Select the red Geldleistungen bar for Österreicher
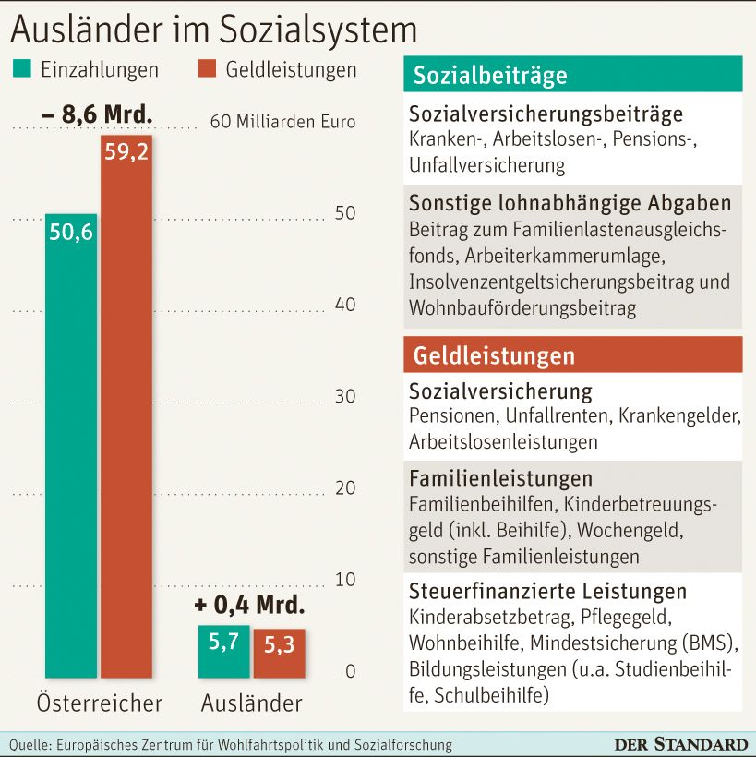126,406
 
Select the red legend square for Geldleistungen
207,69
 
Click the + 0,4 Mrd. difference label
249,606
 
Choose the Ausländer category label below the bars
252,703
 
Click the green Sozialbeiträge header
573,75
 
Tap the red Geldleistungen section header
573,355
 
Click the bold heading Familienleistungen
501,479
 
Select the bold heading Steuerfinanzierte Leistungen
548,591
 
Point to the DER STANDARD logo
681,744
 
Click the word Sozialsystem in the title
318,30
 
